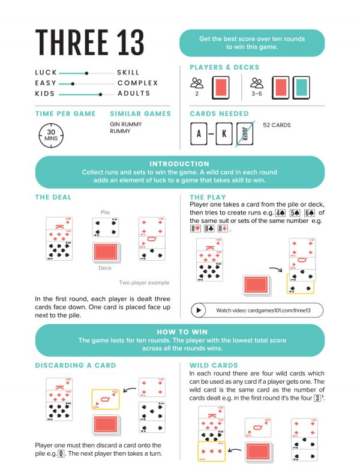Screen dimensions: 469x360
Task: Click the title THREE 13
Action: click(90, 42)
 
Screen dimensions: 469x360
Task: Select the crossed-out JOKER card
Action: click(245, 133)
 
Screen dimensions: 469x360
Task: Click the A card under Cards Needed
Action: click(199, 134)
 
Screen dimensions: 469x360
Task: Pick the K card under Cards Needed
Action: click(224, 134)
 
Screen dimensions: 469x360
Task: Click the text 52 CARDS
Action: click(277, 126)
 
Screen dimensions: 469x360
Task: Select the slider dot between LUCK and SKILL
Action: click(87, 73)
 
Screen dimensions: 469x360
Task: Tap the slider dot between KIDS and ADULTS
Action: click(100, 94)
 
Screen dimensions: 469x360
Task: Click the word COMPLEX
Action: click(138, 83)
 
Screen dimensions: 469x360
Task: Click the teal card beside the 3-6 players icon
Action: click(301, 88)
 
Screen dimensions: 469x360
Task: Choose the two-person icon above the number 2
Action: click(197, 83)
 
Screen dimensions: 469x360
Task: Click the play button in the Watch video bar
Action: click(199, 310)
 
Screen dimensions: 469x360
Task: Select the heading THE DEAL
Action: click(53, 197)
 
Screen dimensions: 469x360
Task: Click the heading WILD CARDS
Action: click(214, 365)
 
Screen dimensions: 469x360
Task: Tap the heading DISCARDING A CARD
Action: click(76, 365)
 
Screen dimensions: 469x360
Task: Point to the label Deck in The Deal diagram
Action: click(105, 268)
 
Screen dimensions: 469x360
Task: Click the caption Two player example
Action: click(144, 283)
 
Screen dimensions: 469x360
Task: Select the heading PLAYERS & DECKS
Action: click(224, 67)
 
